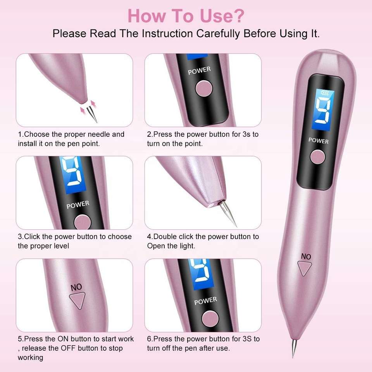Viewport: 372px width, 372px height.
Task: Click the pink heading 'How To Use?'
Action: [x=186, y=16]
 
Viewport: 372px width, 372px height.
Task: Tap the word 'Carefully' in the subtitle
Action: [x=218, y=33]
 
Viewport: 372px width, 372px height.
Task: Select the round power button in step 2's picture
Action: [x=204, y=88]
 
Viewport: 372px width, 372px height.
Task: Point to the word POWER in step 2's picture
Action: [x=199, y=71]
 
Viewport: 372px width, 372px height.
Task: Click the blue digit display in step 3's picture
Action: [x=73, y=175]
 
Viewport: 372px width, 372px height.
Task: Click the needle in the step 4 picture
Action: [x=228, y=214]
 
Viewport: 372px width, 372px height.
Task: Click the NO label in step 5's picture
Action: [x=76, y=287]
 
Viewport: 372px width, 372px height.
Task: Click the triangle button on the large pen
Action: [x=305, y=268]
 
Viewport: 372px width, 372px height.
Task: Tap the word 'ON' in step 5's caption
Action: [x=63, y=339]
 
